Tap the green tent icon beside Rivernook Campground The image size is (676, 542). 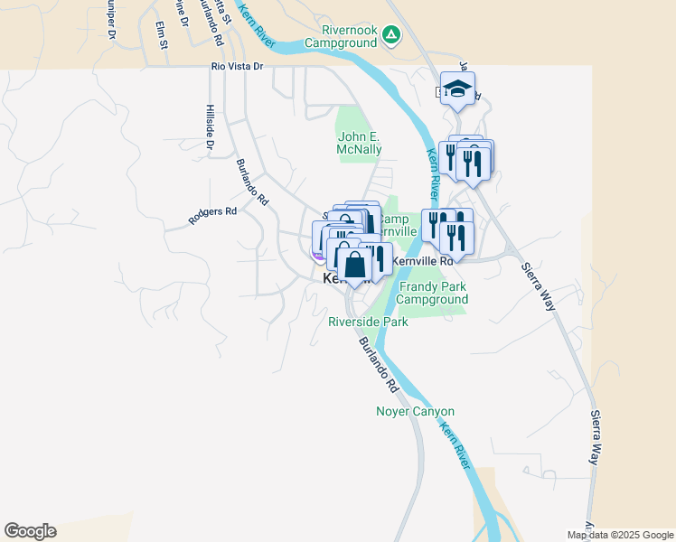click(x=390, y=35)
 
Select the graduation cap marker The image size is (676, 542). click(x=458, y=89)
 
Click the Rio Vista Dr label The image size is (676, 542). click(x=236, y=66)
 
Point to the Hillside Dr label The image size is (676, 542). click(x=209, y=126)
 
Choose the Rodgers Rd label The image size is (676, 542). click(x=212, y=214)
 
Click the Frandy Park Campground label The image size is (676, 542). click(x=434, y=293)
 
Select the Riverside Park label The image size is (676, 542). click(x=368, y=322)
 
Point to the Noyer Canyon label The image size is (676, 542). click(x=415, y=412)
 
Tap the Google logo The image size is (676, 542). click(x=30, y=531)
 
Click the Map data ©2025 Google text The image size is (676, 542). click(x=621, y=535)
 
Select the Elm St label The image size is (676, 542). click(x=162, y=36)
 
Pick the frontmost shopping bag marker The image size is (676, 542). click(x=354, y=266)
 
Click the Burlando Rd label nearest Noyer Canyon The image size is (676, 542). click(x=378, y=364)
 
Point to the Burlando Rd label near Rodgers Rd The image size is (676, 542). click(x=252, y=181)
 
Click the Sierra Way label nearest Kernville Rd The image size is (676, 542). click(x=539, y=281)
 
